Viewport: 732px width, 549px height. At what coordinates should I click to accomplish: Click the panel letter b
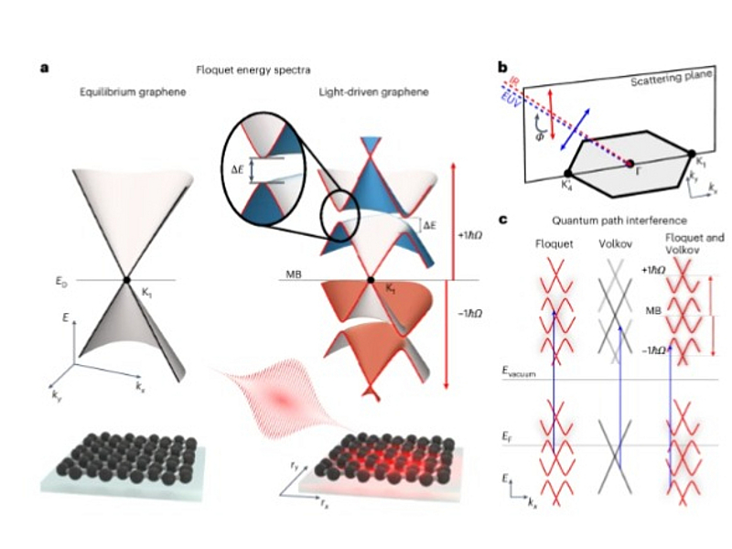click(501, 67)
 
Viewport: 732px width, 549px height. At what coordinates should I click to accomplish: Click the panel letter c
click(501, 220)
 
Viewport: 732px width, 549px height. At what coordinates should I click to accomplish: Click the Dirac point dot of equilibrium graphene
click(127, 279)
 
